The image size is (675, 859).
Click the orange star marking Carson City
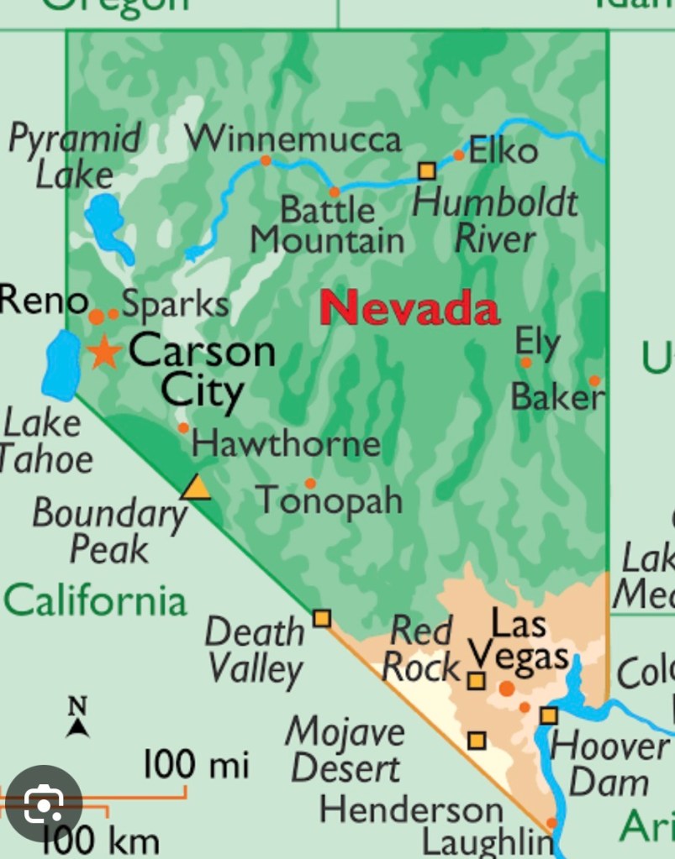[104, 352]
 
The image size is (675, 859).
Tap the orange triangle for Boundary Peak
[196, 488]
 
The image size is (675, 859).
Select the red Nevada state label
[409, 308]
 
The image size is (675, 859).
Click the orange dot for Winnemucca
[266, 160]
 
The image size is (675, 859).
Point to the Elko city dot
[459, 155]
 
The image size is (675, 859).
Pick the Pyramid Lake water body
[107, 224]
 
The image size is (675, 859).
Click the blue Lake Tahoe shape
[60, 365]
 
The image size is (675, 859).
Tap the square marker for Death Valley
[321, 619]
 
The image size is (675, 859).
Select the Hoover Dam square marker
[549, 715]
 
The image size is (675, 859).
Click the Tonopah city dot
[310, 483]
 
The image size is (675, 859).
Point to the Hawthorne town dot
[183, 427]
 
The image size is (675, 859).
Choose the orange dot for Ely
[526, 363]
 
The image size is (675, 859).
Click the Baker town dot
[594, 380]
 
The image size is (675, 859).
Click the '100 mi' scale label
[196, 765]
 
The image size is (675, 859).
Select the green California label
[95, 601]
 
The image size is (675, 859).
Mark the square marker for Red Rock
[476, 680]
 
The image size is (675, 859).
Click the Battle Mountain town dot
[334, 191]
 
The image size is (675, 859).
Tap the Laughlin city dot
[551, 823]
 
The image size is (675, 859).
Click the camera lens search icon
[43, 805]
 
